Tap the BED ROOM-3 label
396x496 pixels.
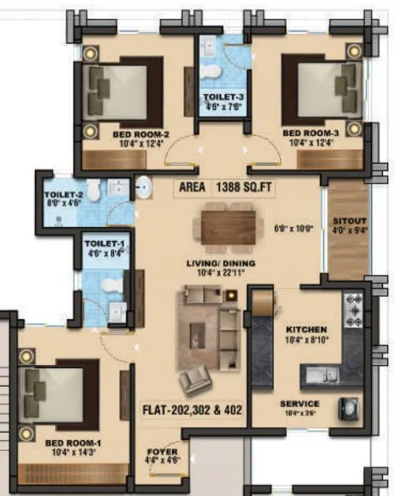[310, 133]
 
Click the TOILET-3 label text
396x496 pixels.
[224, 98]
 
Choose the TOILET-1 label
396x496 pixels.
[103, 243]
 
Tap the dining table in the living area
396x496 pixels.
[228, 226]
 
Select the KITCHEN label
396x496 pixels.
[306, 329]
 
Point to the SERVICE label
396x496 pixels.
[300, 404]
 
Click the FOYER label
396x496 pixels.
[162, 452]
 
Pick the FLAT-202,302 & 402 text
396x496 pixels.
[191, 408]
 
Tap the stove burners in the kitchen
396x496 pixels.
[353, 308]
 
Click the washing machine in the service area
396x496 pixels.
[350, 408]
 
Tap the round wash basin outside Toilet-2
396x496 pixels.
[143, 187]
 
